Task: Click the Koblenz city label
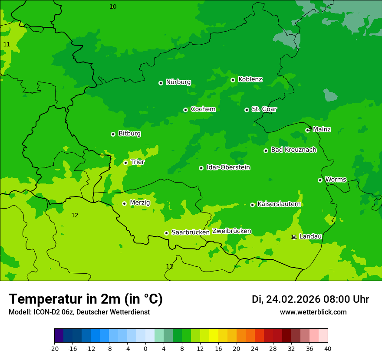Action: pos(250,79)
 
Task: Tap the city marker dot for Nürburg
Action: pos(161,83)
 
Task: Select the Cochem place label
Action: pos(203,109)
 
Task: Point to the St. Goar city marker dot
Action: pos(247,110)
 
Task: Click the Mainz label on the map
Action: pos(322,129)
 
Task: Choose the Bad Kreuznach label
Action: pos(293,150)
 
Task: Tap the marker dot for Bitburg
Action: pos(113,134)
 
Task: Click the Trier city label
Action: pos(138,162)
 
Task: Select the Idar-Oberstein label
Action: pos(228,167)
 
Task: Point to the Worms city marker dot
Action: pos(320,180)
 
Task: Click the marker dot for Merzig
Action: pos(124,203)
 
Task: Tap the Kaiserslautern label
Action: pos(279,204)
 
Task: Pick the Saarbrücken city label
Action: pos(191,232)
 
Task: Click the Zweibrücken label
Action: pos(231,231)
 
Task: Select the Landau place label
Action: pos(310,236)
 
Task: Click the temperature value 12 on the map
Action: pos(75,215)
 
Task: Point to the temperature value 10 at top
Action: pos(113,7)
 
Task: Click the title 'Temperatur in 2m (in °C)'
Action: pos(86,299)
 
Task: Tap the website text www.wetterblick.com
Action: pos(313,312)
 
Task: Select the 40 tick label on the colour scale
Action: pos(328,348)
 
